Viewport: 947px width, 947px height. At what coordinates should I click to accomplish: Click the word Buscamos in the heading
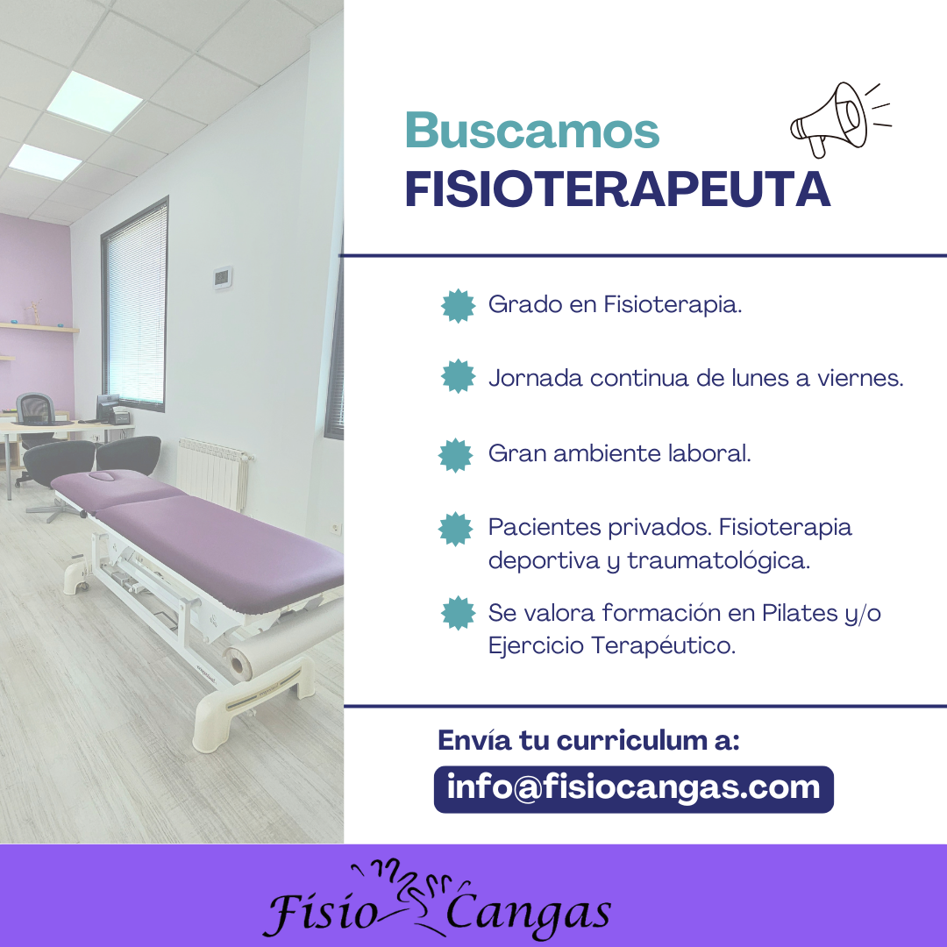click(x=532, y=131)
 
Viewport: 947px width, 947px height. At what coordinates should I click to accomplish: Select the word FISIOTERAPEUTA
click(x=617, y=189)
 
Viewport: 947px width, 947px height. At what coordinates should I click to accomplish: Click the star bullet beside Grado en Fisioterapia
click(x=459, y=306)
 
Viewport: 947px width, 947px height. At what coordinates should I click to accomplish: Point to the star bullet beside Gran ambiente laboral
click(x=455, y=455)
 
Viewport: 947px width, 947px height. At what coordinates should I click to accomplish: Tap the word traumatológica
click(x=719, y=561)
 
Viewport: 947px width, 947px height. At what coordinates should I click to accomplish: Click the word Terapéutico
click(x=663, y=645)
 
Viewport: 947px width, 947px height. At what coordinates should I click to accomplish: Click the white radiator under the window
click(x=214, y=473)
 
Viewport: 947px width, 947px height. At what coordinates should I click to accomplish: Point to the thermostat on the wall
click(x=222, y=277)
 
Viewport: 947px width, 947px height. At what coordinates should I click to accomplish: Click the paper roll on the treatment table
click(x=284, y=641)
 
